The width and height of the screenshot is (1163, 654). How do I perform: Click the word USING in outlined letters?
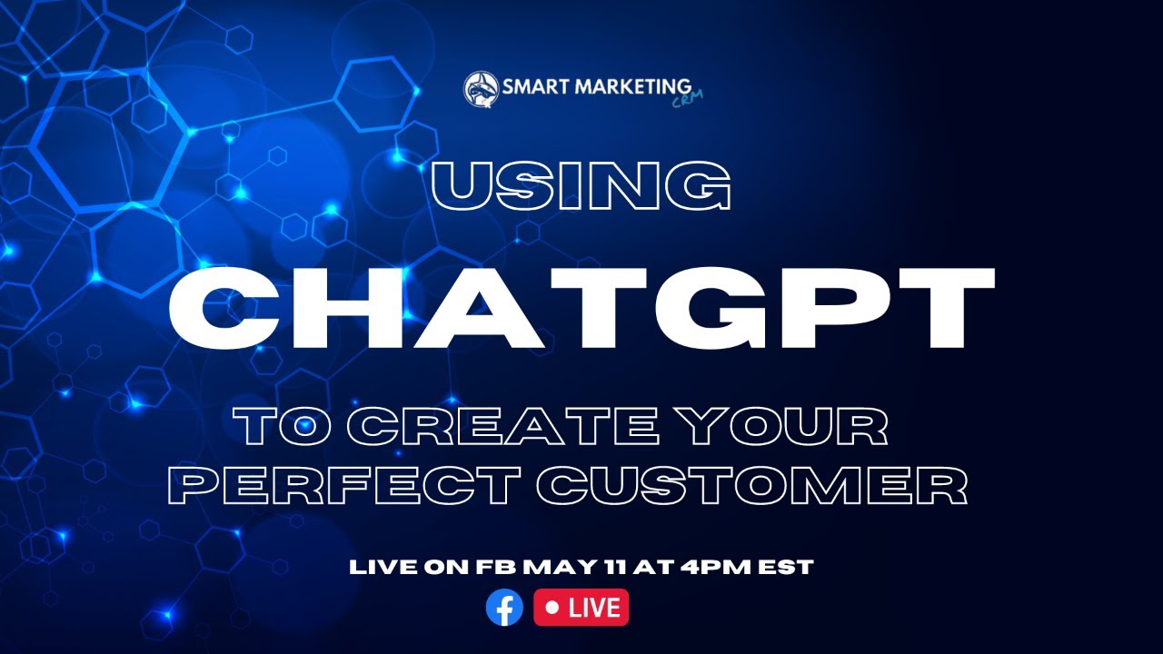(581, 185)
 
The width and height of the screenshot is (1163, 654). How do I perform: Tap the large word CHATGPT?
(581, 308)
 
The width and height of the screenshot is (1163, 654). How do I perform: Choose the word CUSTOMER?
(751, 485)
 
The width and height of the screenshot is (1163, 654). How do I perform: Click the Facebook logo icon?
(504, 607)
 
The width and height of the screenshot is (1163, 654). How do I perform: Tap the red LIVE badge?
(581, 607)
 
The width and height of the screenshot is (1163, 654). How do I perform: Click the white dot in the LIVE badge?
(552, 607)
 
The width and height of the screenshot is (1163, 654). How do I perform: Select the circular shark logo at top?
(482, 89)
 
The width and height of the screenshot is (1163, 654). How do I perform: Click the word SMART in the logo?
(535, 86)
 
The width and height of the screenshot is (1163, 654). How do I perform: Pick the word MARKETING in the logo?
(633, 86)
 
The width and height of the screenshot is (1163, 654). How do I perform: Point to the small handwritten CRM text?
(687, 100)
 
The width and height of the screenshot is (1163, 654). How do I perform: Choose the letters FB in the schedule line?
(496, 567)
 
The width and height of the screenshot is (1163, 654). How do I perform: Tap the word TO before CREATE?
(283, 427)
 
